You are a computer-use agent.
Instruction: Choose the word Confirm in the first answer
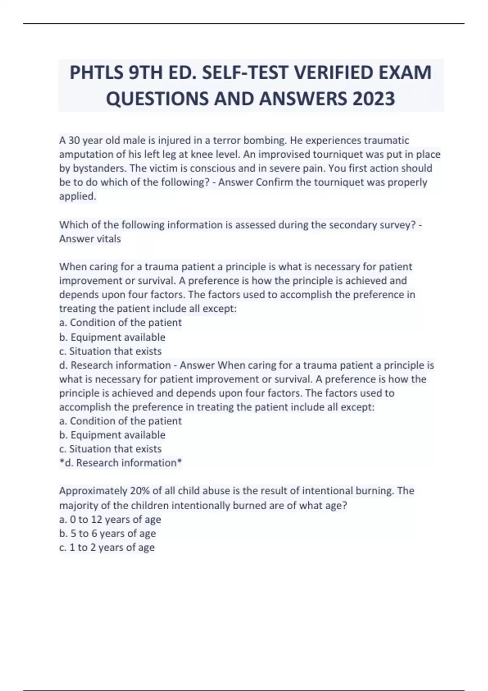(274, 182)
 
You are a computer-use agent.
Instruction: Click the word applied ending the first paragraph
(77, 196)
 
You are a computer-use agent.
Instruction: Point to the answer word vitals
(108, 239)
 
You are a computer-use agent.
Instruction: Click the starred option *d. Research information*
(121, 463)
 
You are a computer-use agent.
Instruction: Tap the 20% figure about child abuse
(139, 491)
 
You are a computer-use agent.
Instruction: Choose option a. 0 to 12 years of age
(110, 519)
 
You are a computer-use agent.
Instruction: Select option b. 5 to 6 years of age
(108, 533)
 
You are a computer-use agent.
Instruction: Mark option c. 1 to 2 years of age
(107, 548)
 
